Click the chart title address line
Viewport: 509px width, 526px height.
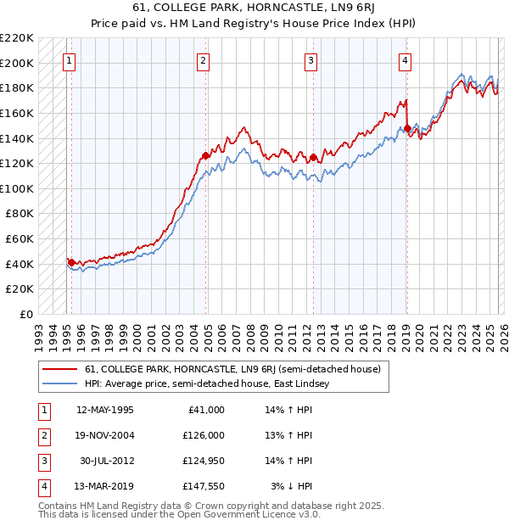(254, 8)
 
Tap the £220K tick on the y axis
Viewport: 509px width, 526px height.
(17, 38)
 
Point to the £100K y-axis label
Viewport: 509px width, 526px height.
(17, 188)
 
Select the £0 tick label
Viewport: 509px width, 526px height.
(25, 314)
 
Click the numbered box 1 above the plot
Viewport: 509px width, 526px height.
(69, 60)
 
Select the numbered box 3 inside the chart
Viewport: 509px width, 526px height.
(311, 60)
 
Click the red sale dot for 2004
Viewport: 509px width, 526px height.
(205, 155)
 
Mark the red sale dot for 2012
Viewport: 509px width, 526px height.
(313, 157)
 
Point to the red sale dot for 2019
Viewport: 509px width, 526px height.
(407, 129)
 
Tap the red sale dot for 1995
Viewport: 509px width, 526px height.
(71, 262)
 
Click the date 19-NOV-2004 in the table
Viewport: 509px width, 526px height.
(105, 435)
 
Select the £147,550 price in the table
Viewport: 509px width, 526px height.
(204, 486)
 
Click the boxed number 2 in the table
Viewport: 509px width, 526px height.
(43, 435)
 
